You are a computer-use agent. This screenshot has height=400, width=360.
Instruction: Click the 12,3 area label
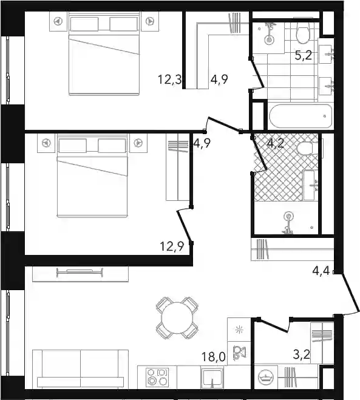point(169,80)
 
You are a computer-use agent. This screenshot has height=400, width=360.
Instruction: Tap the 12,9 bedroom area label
point(172,246)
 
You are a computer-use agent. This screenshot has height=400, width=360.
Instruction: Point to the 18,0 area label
point(213,356)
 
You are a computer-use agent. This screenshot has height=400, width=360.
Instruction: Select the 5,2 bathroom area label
point(303,55)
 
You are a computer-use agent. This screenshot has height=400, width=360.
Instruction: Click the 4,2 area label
point(276,143)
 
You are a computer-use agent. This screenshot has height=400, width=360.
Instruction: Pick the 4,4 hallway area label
point(321,270)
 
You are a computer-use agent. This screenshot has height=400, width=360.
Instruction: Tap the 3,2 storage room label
point(302,354)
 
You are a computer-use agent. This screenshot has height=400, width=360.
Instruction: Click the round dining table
point(177,318)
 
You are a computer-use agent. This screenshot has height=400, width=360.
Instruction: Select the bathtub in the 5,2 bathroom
point(301,116)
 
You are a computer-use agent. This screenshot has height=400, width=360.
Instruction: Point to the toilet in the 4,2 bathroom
point(308,148)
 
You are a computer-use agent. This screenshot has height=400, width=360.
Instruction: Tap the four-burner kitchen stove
point(157,377)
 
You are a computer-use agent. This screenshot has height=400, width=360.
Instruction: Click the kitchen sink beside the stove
point(212,378)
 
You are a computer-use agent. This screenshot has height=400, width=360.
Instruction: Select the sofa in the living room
point(80,369)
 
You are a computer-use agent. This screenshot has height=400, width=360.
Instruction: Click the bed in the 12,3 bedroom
point(104,53)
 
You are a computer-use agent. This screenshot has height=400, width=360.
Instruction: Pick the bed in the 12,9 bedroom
point(92,175)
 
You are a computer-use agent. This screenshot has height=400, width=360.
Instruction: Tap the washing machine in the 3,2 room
point(266,377)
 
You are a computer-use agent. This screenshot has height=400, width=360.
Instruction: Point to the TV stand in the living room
point(80,274)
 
